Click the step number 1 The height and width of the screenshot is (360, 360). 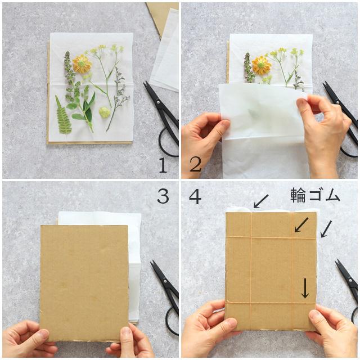click(163, 165)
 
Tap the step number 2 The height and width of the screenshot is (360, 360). click(195, 164)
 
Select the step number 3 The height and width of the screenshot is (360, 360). click(163, 196)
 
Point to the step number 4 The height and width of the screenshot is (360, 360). click(195, 196)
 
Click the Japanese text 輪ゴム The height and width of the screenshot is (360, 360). click(315, 195)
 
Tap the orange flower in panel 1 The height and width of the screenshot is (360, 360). click(82, 64)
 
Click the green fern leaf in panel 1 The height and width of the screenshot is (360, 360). click(62, 115)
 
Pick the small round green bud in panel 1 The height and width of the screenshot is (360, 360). click(105, 112)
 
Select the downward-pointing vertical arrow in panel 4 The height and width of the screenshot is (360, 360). click(305, 288)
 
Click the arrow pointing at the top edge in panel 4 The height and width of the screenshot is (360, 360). click(261, 201)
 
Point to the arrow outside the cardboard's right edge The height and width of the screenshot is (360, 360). click(326, 229)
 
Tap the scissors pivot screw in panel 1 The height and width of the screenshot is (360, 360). click(158, 102)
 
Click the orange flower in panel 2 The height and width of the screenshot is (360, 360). click(261, 65)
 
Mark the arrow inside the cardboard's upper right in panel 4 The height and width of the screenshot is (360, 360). click(301, 225)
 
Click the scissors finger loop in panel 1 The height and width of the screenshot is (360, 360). click(167, 142)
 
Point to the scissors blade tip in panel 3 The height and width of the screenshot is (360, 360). click(151, 262)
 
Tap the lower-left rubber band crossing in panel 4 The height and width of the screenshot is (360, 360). click(250, 303)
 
